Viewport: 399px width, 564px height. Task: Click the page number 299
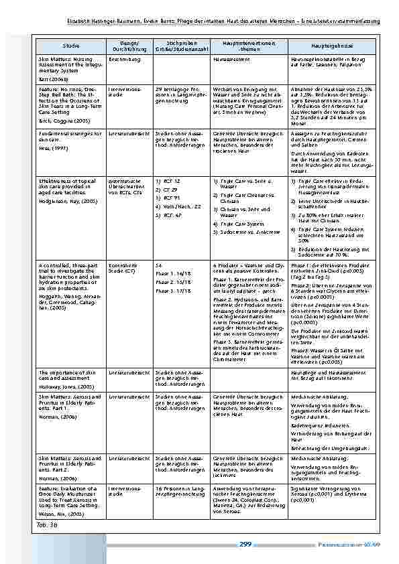(245, 544)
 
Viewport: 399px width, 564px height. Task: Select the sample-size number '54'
(158, 265)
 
